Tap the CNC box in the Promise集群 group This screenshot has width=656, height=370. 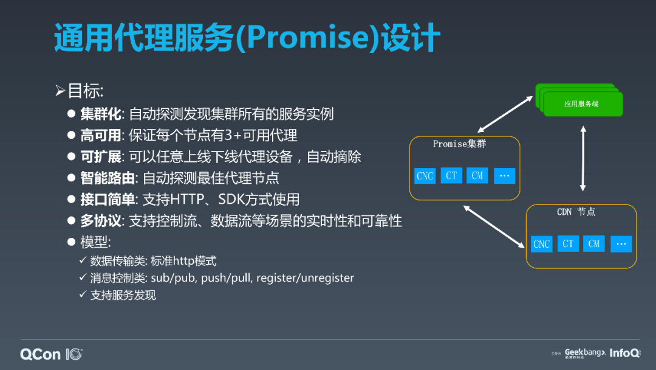425,176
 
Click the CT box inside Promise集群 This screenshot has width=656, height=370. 451,175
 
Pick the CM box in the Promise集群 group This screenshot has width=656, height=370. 477,175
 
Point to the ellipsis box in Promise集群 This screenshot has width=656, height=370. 504,175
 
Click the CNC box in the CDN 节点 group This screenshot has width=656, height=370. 541,244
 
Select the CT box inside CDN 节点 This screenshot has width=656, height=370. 568,243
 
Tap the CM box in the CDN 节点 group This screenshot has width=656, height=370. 594,243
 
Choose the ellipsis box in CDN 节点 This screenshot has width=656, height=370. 621,243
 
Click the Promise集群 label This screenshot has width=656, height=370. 459,144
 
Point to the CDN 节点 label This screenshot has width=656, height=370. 576,212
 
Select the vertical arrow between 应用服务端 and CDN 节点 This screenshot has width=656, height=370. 583,159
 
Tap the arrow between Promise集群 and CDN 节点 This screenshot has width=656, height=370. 494,226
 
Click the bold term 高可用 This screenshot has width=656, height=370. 101,135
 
